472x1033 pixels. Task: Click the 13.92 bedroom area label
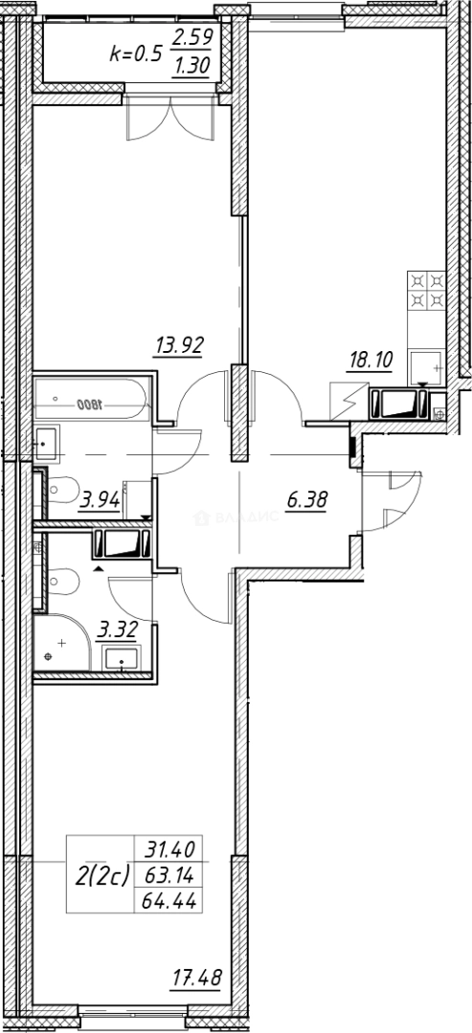pyautogui.click(x=180, y=346)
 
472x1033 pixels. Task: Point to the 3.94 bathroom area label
pyautogui.click(x=100, y=498)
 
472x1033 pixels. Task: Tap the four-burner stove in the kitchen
pyautogui.click(x=426, y=291)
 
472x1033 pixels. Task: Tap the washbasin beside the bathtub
pyautogui.click(x=46, y=441)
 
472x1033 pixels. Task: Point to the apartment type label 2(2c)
pyautogui.click(x=101, y=874)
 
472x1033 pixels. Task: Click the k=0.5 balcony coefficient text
pyautogui.click(x=134, y=54)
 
